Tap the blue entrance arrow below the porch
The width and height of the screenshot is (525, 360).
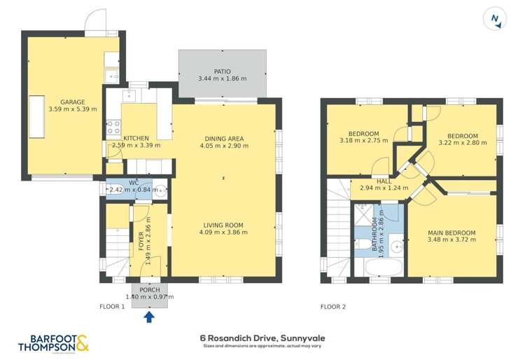pos(149,317)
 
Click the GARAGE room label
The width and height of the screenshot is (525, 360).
pos(72,102)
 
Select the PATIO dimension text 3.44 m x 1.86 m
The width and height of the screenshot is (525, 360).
pos(222,79)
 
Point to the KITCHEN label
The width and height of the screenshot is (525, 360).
pos(136,138)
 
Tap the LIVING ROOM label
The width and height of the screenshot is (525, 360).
pos(224,224)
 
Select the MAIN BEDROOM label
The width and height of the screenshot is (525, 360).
pos(451,233)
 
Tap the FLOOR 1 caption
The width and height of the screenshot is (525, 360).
pos(112,307)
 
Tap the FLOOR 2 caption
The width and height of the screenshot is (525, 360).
pos(333,307)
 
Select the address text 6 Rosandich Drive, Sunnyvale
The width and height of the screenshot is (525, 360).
pos(262,338)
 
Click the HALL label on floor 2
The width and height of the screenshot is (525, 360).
pos(384,181)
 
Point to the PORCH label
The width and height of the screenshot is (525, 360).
pos(150,290)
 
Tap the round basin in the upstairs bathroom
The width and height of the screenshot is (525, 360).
pos(396,245)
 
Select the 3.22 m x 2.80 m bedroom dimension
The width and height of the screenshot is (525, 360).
pos(463,144)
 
